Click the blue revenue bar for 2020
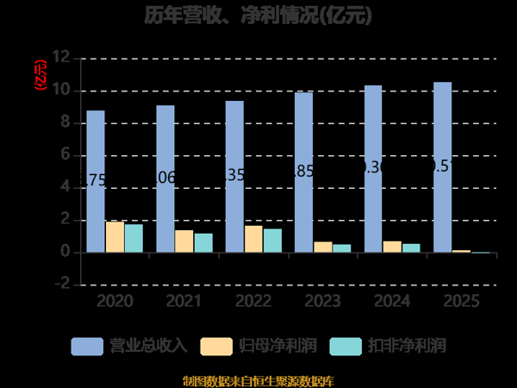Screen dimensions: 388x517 (x=96, y=181)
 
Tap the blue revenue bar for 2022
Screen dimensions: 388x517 (x=234, y=177)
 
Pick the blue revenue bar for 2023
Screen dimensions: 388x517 (x=303, y=172)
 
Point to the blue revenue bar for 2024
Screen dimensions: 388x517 (x=373, y=169)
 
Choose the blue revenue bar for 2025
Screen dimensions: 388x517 (x=442, y=167)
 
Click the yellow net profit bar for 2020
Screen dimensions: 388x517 (x=115, y=237)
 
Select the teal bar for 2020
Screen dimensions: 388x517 (x=134, y=239)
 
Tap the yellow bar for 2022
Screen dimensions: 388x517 (x=253, y=239)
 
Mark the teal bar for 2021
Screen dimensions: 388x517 (x=203, y=243)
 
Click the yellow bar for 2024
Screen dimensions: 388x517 (x=392, y=247)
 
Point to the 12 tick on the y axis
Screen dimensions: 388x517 (x=60, y=58)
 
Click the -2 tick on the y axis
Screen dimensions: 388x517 (x=60, y=285)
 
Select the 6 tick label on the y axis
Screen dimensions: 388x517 (x=64, y=155)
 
